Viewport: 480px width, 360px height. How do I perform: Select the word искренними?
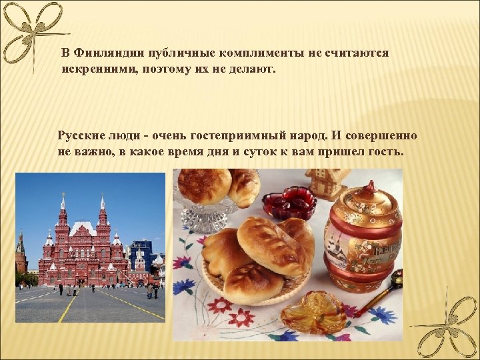[x=95, y=69]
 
